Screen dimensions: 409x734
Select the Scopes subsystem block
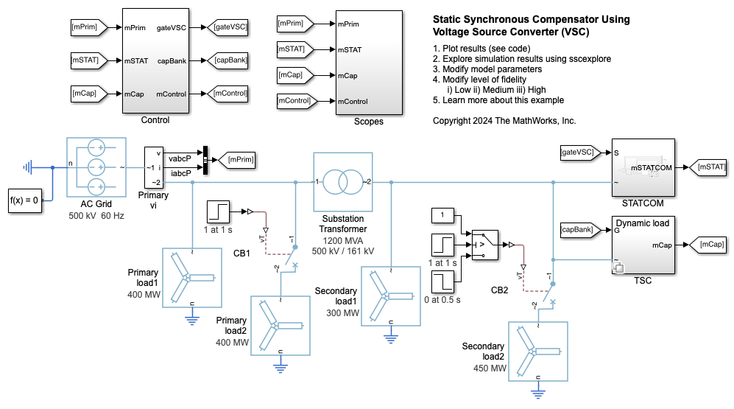(368, 62)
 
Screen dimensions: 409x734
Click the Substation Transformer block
(343, 182)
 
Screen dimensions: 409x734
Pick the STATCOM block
(643, 168)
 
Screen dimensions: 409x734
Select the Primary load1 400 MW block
(191, 277)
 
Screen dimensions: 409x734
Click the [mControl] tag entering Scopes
(296, 100)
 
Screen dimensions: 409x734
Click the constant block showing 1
(443, 214)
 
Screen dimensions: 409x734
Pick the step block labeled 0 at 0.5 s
(443, 283)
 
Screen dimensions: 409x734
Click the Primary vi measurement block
(154, 167)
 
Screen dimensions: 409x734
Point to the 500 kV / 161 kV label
(342, 251)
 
